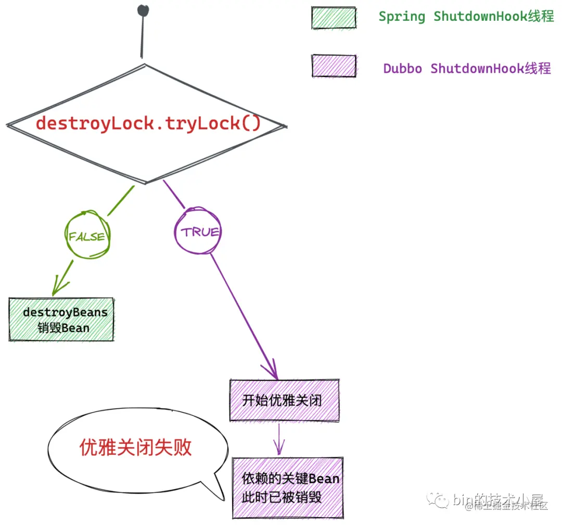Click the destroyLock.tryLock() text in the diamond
pos(148,123)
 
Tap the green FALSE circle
pos(87,236)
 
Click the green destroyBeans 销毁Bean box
pos(61,319)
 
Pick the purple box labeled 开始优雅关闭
pos(284,400)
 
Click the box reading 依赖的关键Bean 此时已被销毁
pos(288,488)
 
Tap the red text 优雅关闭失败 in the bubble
pos(136,447)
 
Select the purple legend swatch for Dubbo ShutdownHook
pos(334,66)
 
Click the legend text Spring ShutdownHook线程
pos(466,17)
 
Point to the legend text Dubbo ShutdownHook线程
pos(467,68)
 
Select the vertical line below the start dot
pos(142,36)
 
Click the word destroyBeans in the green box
pos(65,313)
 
